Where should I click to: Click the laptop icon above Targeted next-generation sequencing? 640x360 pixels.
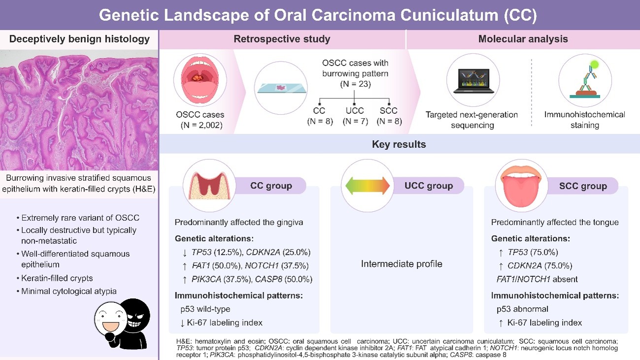(473, 81)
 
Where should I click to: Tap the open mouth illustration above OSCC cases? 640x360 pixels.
(200, 80)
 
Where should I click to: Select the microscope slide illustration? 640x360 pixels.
(282, 88)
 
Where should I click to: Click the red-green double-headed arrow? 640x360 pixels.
(368, 186)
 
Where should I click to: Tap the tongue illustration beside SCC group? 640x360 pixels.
(521, 186)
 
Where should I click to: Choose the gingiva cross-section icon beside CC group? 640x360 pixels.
(209, 186)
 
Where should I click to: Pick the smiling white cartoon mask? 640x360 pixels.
(111, 320)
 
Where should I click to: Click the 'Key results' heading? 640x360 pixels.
(399, 144)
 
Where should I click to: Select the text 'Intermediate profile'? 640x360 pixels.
(402, 264)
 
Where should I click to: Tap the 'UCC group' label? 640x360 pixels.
(429, 186)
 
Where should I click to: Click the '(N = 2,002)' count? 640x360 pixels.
(202, 125)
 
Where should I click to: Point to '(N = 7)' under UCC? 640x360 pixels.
(355, 121)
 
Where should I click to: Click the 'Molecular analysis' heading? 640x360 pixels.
(523, 39)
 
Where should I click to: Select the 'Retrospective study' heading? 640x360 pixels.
(282, 39)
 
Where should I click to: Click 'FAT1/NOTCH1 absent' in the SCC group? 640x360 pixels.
(537, 279)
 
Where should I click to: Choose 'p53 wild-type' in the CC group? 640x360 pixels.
(205, 309)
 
